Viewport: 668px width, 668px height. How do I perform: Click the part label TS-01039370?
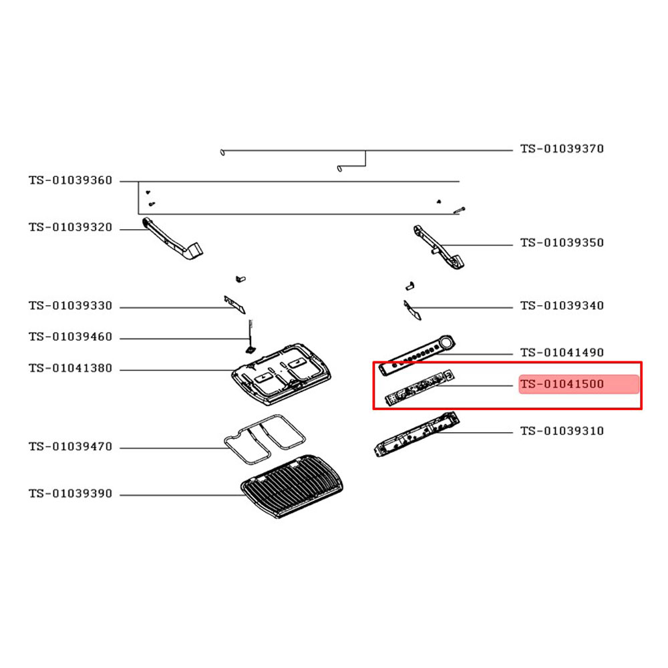pyautogui.click(x=562, y=149)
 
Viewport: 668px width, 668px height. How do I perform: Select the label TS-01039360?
pyautogui.click(x=70, y=181)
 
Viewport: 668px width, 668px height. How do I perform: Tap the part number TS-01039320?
pyautogui.click(x=70, y=228)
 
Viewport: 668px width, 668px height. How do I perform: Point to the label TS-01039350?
pyautogui.click(x=562, y=242)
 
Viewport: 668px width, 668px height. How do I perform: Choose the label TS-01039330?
pyautogui.click(x=70, y=307)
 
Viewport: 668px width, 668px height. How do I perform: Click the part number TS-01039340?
pyautogui.click(x=562, y=306)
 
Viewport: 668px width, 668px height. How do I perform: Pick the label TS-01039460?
pyautogui.click(x=70, y=338)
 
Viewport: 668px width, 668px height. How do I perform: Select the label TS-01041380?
pyautogui.click(x=70, y=369)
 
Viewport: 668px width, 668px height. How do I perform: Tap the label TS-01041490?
pyautogui.click(x=562, y=352)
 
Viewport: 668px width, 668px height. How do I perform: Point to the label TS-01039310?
pyautogui.click(x=562, y=431)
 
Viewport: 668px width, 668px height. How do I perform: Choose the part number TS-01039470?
pyautogui.click(x=70, y=447)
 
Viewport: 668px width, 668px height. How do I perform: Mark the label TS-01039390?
pyautogui.click(x=70, y=494)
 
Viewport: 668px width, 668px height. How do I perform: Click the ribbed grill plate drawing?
pyautogui.click(x=292, y=486)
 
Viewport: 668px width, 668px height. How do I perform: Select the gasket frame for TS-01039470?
pyautogui.click(x=264, y=440)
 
